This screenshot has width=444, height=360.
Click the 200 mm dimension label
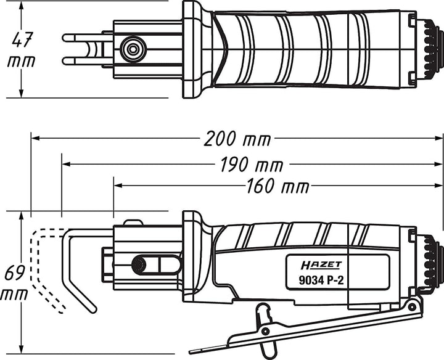pyautogui.click(x=237, y=139)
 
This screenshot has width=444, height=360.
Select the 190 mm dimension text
pyautogui.click(x=252, y=165)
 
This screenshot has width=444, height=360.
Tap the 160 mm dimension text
pyautogui.click(x=277, y=187)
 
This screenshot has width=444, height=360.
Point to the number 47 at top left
pyautogui.click(x=23, y=39)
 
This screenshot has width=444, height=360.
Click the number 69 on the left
pyautogui.click(x=15, y=272)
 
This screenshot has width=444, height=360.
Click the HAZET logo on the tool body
pyautogui.click(x=321, y=265)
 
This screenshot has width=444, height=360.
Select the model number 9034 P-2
pyautogui.click(x=321, y=280)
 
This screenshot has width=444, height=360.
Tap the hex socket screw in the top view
pyautogui.click(x=133, y=49)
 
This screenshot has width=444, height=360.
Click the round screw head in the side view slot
pyautogui.click(x=139, y=264)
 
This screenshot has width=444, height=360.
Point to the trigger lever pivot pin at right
pyautogui.click(x=411, y=305)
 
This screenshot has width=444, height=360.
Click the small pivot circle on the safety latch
pyautogui.click(x=265, y=331)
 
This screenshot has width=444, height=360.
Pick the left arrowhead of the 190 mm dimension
pyautogui.click(x=66, y=164)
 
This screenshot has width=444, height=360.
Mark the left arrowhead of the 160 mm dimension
pyautogui.click(x=118, y=186)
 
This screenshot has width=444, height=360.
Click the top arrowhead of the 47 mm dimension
pyautogui.click(x=21, y=5)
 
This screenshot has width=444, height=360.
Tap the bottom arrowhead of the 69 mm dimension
pyautogui.click(x=21, y=349)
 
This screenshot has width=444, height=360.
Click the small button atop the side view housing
pyautogui.click(x=133, y=223)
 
